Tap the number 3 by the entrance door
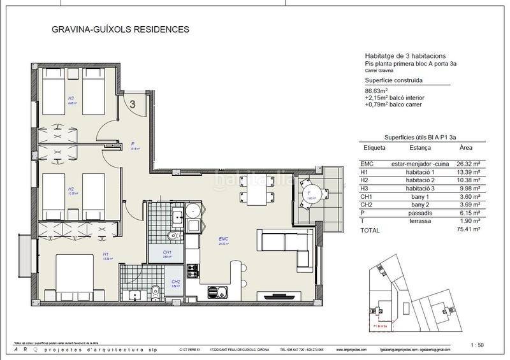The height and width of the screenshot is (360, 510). point(132,104)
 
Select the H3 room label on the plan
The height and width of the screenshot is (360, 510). point(71,99)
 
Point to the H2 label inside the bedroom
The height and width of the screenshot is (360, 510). point(71,189)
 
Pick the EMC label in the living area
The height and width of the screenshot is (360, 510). point(223,240)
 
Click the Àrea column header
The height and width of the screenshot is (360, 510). point(466,147)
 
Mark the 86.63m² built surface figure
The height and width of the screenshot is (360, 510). point(377,90)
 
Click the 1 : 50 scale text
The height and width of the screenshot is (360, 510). point(477,345)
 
